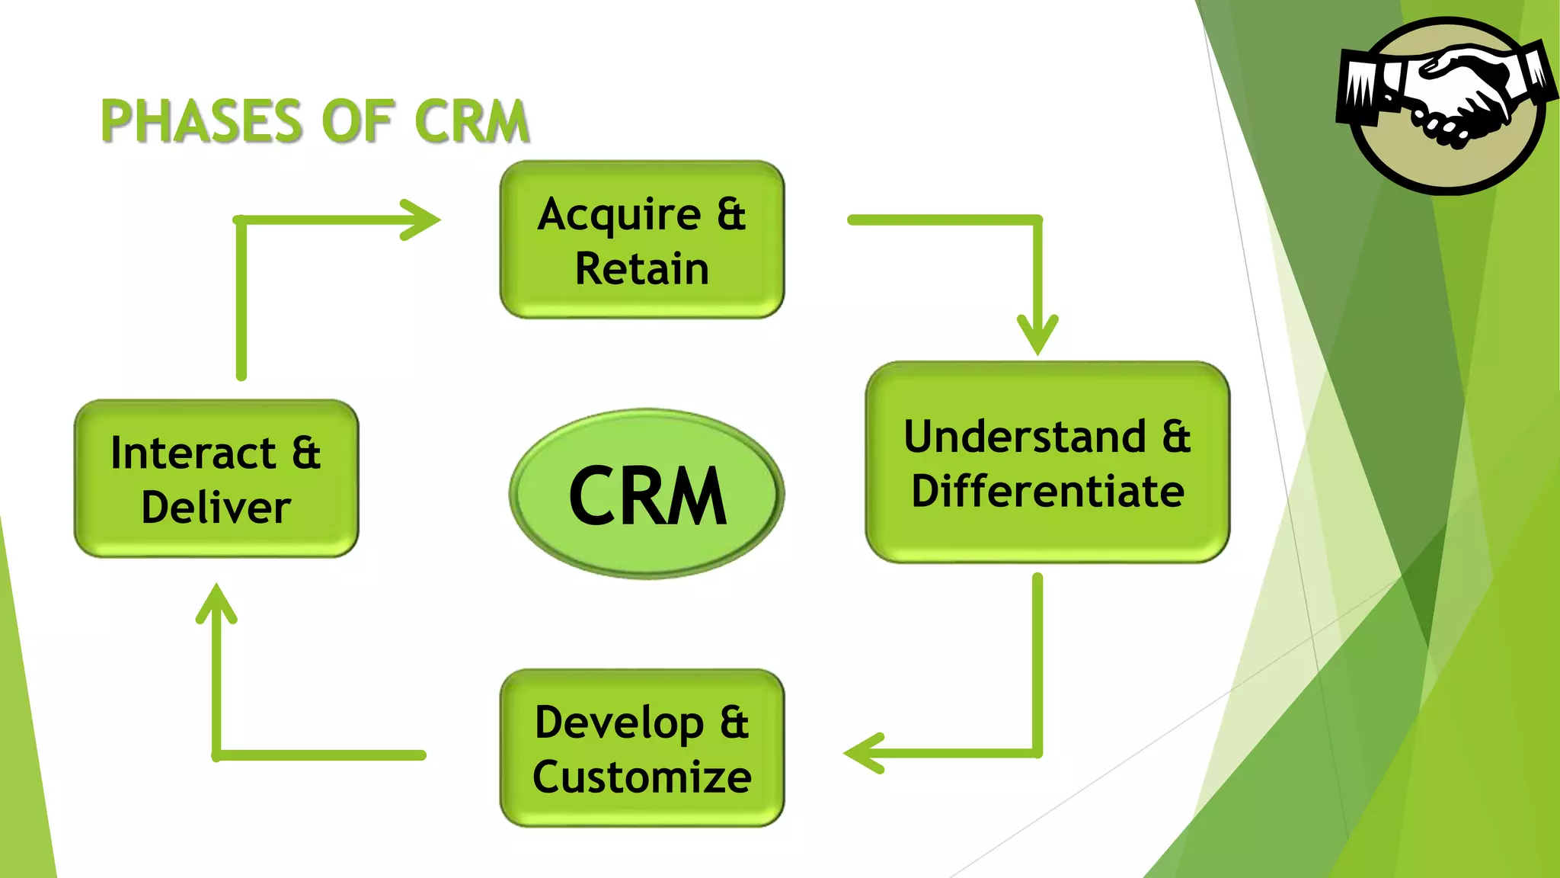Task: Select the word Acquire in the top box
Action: click(x=619, y=214)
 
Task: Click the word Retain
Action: click(x=642, y=269)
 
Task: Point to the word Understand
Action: click(x=1025, y=437)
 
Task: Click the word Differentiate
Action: click(x=1047, y=492)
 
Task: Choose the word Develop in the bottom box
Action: click(x=619, y=723)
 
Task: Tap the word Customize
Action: click(x=642, y=777)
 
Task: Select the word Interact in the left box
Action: click(x=193, y=453)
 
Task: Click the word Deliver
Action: click(x=216, y=508)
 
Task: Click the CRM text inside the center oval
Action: click(x=647, y=496)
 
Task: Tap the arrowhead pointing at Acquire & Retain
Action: click(x=423, y=219)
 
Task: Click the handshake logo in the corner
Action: click(x=1447, y=105)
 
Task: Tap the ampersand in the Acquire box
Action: click(x=731, y=214)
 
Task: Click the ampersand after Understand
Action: click(x=1176, y=437)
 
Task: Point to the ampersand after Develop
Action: click(x=734, y=723)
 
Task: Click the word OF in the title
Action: click(x=357, y=121)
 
